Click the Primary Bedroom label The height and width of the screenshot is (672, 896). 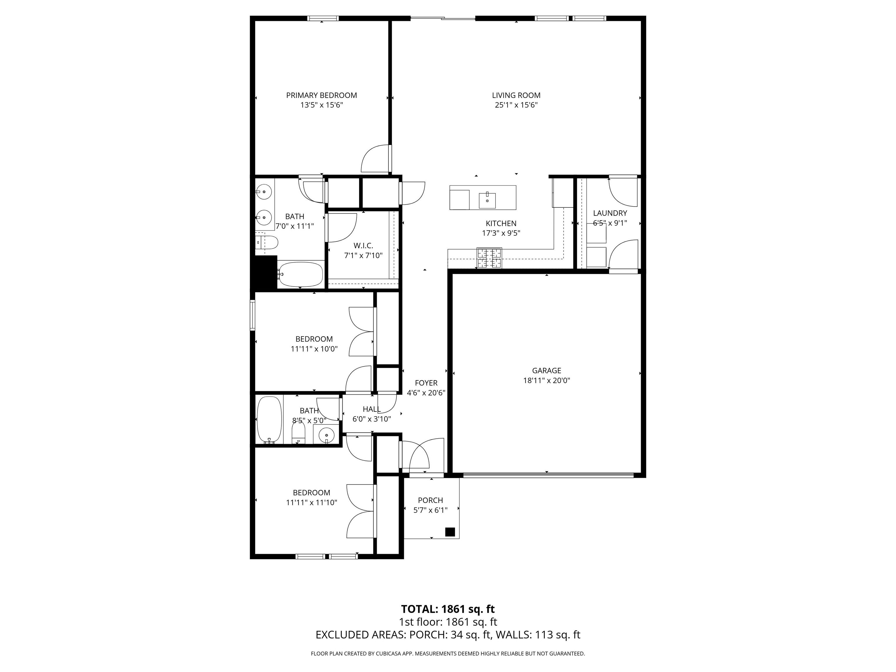[322, 95]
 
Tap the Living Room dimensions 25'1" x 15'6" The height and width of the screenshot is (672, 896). [516, 105]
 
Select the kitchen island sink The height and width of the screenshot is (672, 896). [487, 200]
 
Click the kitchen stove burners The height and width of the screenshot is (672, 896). [489, 258]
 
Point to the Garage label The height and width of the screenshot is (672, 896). [546, 371]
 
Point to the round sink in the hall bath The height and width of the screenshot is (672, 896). [326, 435]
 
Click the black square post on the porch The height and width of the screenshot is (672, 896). [450, 532]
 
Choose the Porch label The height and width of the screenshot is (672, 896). [430, 500]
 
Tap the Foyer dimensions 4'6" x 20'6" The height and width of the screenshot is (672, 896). [426, 393]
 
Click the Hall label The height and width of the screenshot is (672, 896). [372, 409]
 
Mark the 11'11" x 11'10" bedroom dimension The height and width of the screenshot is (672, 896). [311, 503]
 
